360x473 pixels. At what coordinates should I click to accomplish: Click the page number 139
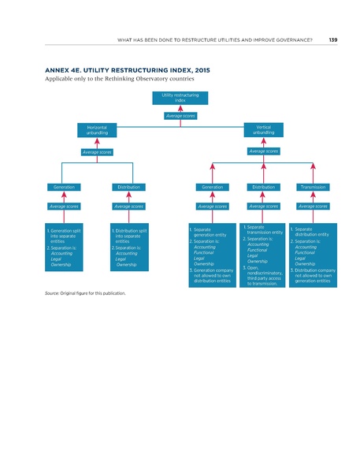pos(332,40)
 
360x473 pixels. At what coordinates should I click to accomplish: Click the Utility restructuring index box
pos(180,99)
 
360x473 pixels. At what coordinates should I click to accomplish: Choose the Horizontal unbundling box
pos(98,129)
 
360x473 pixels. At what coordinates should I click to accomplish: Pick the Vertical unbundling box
pos(264,129)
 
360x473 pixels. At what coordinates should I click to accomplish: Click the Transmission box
pos(313,187)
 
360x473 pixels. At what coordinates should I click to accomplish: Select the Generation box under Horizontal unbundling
pos(64,187)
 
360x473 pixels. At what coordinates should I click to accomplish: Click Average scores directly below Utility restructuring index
pos(180,116)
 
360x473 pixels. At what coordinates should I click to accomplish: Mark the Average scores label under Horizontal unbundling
pos(98,151)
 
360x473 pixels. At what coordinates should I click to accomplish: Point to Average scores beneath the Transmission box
pos(313,207)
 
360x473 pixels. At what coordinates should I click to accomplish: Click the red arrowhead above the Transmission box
pos(313,166)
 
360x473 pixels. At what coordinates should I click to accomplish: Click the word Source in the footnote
pos(56,293)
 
